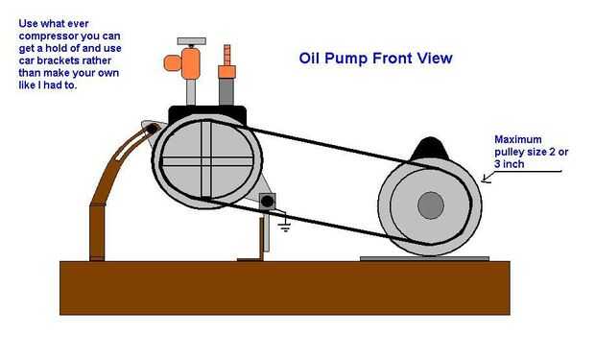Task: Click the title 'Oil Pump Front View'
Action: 375,59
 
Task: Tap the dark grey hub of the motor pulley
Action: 431,205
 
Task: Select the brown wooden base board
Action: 285,288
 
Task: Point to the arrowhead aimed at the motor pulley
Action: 487,178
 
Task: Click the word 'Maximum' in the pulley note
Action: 518,139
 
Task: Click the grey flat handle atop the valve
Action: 192,41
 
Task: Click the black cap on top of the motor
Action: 430,149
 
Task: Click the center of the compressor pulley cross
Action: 206,161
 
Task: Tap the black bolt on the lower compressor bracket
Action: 268,202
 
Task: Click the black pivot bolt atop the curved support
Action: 152,129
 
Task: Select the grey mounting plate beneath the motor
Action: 424,258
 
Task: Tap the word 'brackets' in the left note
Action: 57,60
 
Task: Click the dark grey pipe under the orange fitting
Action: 226,91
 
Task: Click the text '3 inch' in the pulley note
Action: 510,164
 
